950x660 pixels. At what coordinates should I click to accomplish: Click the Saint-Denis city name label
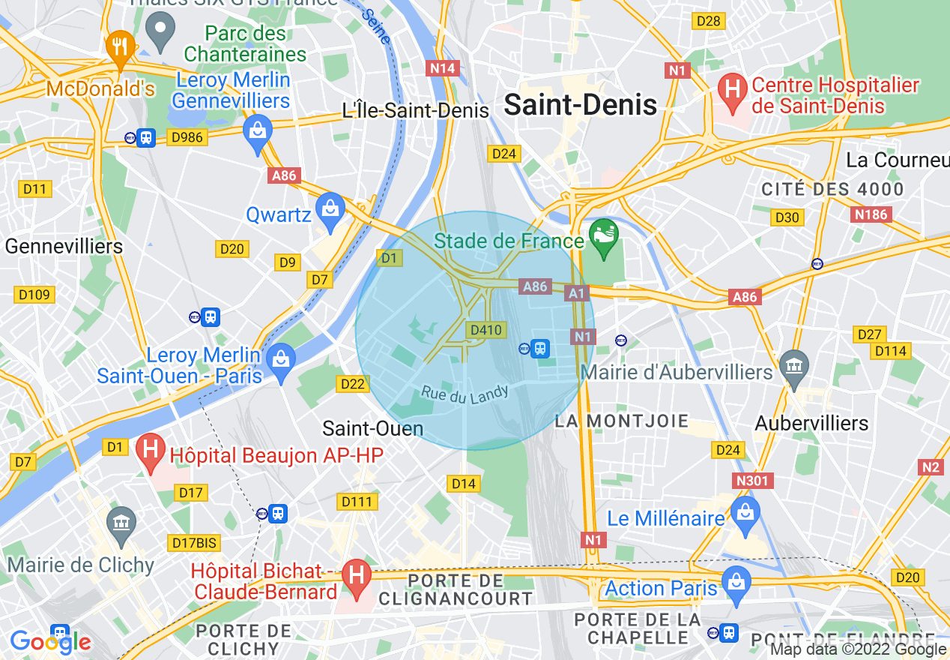coord(580,105)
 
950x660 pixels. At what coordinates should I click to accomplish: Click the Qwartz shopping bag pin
coord(329,208)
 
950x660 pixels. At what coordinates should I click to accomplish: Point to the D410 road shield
coord(485,330)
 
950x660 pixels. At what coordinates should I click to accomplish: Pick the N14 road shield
coord(442,68)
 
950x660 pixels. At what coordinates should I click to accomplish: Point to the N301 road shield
coord(752,481)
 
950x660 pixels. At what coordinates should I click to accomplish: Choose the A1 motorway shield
coord(577,293)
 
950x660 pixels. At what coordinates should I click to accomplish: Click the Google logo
coord(50,641)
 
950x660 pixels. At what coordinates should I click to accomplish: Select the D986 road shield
coord(187,137)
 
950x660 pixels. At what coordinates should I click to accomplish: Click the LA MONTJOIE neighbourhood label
coord(621,421)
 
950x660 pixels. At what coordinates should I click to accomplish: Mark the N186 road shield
coord(870,214)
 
